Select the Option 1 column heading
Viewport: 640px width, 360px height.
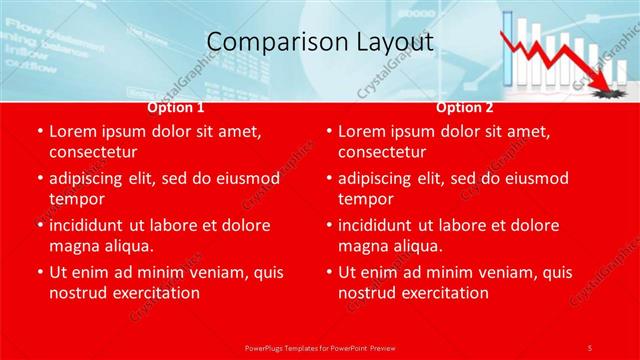pyautogui.click(x=176, y=107)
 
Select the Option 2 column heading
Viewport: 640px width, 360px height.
pyautogui.click(x=464, y=107)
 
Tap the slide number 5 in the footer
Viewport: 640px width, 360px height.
pyautogui.click(x=590, y=347)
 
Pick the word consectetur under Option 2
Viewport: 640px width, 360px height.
pyautogui.click(x=382, y=152)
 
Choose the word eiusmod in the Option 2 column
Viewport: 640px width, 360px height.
pyautogui.click(x=533, y=178)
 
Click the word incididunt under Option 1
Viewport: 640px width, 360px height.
pyautogui.click(x=94, y=225)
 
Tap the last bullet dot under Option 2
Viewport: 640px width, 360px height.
pyautogui.click(x=329, y=273)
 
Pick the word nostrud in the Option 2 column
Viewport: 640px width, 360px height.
pyautogui.click(x=368, y=293)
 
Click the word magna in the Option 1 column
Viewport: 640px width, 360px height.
pyautogui.click(x=76, y=246)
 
